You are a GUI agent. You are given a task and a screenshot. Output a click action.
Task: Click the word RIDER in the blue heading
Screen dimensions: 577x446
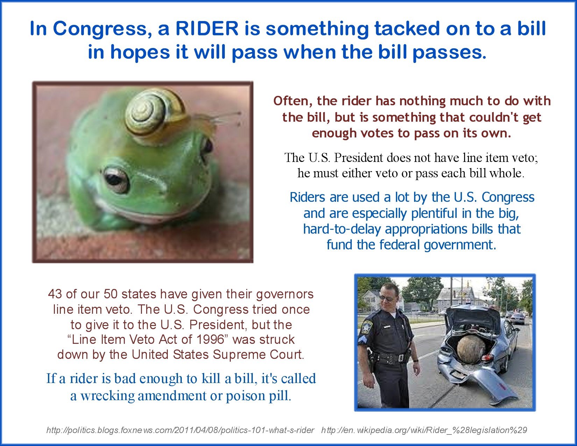click(x=207, y=28)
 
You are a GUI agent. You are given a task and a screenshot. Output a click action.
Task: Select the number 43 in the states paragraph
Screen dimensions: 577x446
click(x=55, y=294)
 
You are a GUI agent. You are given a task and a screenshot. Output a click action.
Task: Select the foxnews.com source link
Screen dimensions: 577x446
click(x=180, y=430)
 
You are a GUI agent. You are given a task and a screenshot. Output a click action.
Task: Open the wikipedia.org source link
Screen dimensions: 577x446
click(x=424, y=430)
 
